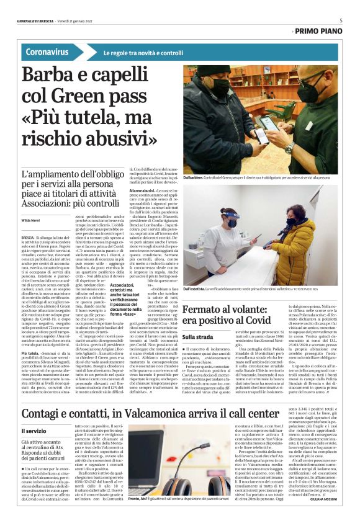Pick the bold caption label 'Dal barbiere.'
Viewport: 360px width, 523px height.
point(195,178)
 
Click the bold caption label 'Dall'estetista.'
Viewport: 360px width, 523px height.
point(197,289)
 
